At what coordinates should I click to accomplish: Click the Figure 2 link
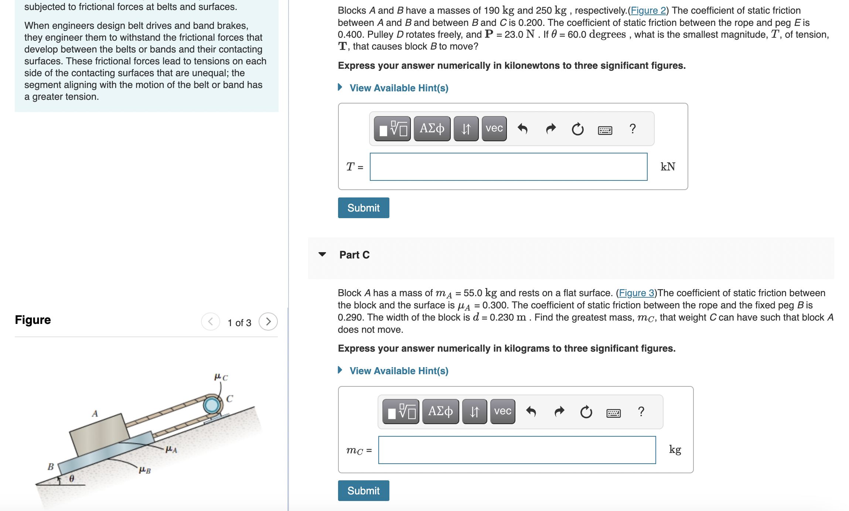coord(648,10)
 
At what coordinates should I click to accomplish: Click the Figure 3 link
coord(636,293)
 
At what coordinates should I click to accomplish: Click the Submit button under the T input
coord(363,208)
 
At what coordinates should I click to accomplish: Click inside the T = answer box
coord(508,167)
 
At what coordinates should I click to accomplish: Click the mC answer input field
coord(517,450)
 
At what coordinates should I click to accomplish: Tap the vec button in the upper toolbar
coord(494,129)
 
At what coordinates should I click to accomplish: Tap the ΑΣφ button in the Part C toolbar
coord(440,412)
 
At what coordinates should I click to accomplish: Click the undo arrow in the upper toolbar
coord(522,129)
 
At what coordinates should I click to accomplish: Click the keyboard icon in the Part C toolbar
coord(613,412)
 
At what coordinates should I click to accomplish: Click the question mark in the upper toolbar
coord(633,129)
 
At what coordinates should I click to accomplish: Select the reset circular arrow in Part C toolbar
coord(586,412)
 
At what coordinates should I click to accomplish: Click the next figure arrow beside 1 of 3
coord(268,321)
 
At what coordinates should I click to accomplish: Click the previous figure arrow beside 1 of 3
coord(211,321)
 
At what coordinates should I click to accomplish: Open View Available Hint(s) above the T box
coord(399,88)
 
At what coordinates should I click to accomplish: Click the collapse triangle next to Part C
coord(322,254)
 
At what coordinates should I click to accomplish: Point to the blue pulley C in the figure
coord(212,405)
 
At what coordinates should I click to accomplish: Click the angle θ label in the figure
coord(72,478)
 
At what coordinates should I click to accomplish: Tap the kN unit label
coord(668,167)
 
